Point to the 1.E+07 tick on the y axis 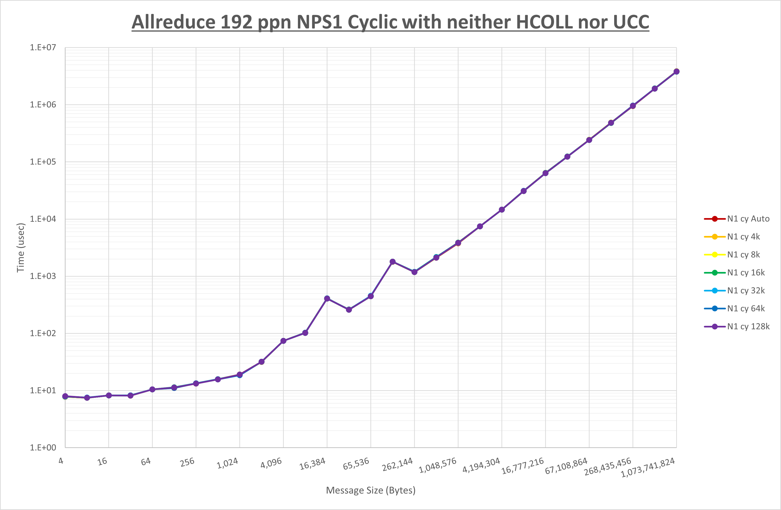43,48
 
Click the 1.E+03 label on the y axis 43,276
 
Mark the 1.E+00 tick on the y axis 43,448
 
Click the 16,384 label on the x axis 312,463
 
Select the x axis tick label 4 61,461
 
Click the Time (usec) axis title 20,248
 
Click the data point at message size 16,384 327,298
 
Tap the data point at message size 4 65,396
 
